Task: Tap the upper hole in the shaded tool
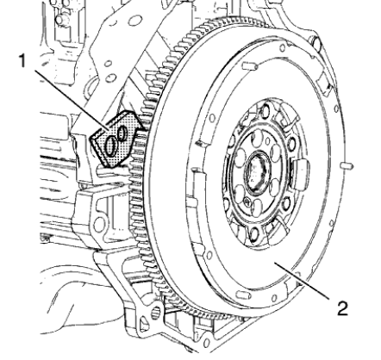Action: coord(122,133)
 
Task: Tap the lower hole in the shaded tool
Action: coord(111,148)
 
